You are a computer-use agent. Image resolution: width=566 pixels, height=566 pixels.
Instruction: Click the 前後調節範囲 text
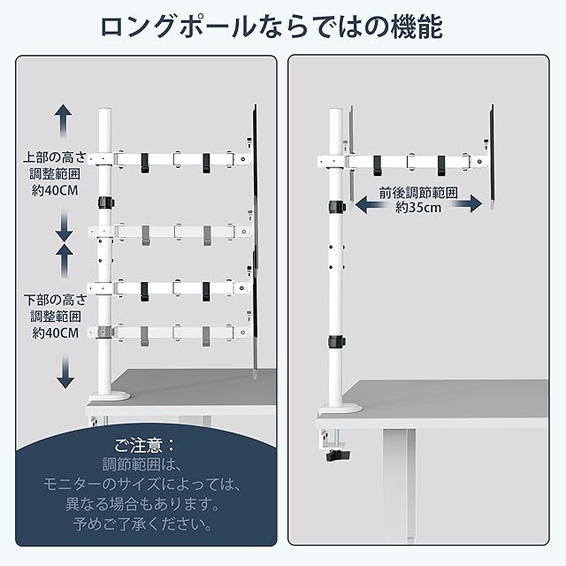coord(418,192)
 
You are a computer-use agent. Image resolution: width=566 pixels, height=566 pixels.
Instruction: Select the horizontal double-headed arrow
coord(418,203)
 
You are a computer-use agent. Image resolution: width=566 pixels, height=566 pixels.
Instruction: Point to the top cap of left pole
coord(104,111)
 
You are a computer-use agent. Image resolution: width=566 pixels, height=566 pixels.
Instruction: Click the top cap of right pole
coord(336,111)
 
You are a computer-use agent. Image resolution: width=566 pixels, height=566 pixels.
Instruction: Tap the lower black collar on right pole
coord(337,341)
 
